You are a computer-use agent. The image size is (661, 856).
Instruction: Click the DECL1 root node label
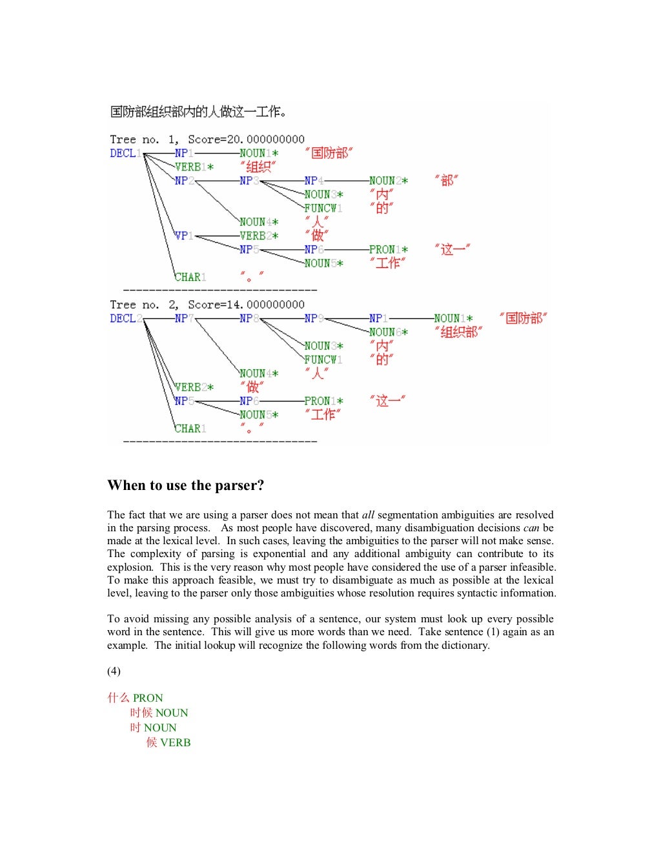click(125, 153)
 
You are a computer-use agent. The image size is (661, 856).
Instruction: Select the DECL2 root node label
click(125, 318)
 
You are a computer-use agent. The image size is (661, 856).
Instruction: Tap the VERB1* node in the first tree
click(194, 167)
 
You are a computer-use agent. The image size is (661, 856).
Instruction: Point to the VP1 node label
click(184, 236)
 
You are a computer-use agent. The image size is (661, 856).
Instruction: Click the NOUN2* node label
click(388, 181)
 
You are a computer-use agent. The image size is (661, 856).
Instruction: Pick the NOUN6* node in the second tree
click(388, 332)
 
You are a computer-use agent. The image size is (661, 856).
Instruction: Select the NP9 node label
click(314, 318)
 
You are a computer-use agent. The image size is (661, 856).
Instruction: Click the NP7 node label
click(184, 318)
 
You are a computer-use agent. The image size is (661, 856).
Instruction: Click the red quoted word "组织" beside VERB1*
click(258, 167)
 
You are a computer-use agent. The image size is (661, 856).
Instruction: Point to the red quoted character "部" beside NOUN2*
click(446, 181)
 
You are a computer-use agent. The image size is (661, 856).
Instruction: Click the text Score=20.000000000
click(246, 139)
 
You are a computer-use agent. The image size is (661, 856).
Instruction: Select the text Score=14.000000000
click(246, 305)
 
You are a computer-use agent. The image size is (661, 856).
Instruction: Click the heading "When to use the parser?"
click(186, 485)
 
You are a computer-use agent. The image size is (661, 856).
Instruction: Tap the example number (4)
click(114, 671)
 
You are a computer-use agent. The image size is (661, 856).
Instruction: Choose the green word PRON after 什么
click(148, 698)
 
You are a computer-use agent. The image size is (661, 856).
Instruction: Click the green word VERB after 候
click(176, 742)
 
